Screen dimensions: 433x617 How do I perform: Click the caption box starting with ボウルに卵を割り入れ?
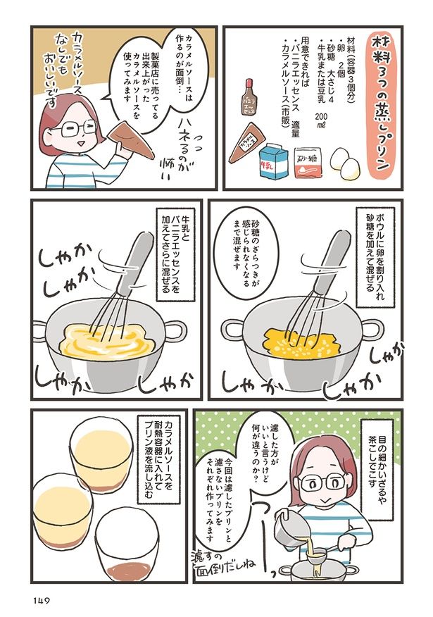pos(371,257)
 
